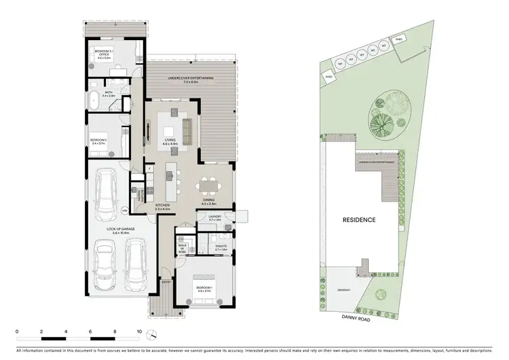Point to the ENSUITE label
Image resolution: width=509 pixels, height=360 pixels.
(x=221, y=248)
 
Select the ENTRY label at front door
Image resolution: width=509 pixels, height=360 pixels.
(x=166, y=281)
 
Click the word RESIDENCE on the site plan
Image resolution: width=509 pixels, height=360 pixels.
(x=358, y=220)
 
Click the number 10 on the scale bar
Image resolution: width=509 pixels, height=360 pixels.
(x=139, y=333)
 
